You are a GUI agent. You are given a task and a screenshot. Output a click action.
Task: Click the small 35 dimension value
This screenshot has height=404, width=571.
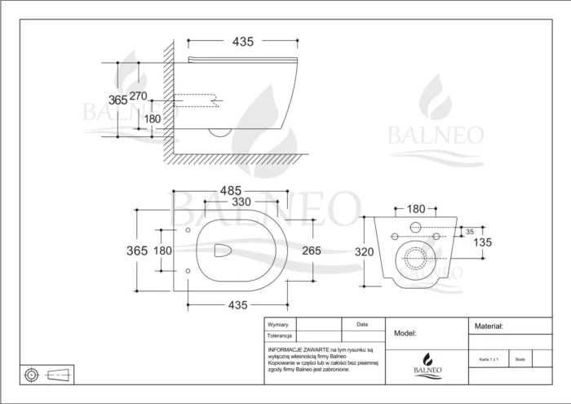tap(469, 233)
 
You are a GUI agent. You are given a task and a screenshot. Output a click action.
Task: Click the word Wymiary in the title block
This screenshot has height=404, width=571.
tap(279, 324)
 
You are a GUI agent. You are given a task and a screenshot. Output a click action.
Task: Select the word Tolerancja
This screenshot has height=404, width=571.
tap(280, 335)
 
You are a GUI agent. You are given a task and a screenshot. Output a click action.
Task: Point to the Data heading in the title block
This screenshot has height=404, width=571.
tap(362, 324)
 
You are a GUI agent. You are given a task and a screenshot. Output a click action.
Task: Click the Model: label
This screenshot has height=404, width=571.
tap(405, 333)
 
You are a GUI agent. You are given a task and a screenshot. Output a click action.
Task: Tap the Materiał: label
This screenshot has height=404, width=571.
tap(489, 326)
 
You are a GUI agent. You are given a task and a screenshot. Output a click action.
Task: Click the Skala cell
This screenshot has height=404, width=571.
tap(520, 358)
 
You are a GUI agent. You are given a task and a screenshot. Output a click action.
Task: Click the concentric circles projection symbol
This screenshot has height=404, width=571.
tap(31, 375)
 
